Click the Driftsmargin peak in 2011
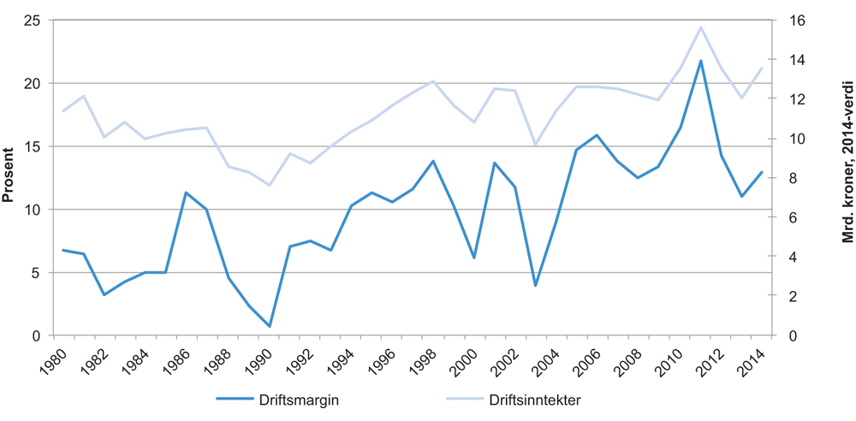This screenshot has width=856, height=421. pyautogui.click(x=701, y=61)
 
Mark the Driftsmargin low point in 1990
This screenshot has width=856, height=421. pyautogui.click(x=269, y=326)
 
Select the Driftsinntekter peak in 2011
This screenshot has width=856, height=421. pyautogui.click(x=701, y=27)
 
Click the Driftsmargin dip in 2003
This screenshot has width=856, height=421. pyautogui.click(x=536, y=285)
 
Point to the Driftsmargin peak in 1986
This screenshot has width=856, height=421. pyautogui.click(x=186, y=193)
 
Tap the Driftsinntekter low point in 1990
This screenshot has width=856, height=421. pyautogui.click(x=269, y=185)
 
